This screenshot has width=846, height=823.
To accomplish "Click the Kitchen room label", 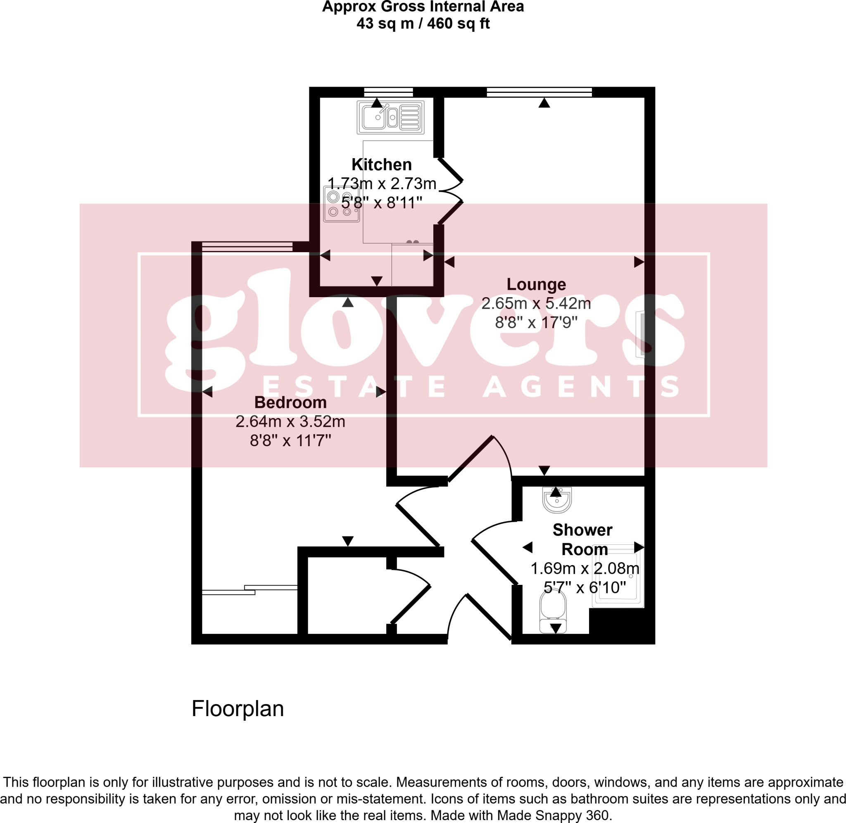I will point(381,165).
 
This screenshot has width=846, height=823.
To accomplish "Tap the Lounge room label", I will point(536,284).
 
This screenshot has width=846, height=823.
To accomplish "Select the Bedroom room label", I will point(290,402).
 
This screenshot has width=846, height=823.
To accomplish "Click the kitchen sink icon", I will point(390,117).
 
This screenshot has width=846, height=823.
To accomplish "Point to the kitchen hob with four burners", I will point(340,204).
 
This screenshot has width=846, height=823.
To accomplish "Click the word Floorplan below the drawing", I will point(238,709).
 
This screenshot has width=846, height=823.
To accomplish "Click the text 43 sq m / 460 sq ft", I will point(423,24).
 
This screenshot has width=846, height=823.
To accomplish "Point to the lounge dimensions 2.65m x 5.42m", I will point(536,303).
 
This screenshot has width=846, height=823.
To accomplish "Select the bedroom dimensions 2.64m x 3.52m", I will point(290,421).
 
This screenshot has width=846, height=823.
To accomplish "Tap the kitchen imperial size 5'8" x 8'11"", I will point(381,202).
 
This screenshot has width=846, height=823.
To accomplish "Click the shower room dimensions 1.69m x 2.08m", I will point(585,568).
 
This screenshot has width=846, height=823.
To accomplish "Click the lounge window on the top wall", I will point(539,92).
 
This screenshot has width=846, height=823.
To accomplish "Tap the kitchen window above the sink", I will point(388,92).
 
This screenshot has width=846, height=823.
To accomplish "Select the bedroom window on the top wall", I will point(247,247).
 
